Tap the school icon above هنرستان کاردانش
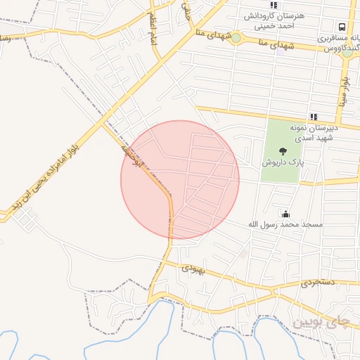(x=274, y=5)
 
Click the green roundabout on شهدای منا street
(x=236, y=38)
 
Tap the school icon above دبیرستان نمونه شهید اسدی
(x=313, y=117)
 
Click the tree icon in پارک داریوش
(x=283, y=150)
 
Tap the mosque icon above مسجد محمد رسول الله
(x=285, y=213)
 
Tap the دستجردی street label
(x=319, y=282)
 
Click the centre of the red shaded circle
(x=180, y=180)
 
